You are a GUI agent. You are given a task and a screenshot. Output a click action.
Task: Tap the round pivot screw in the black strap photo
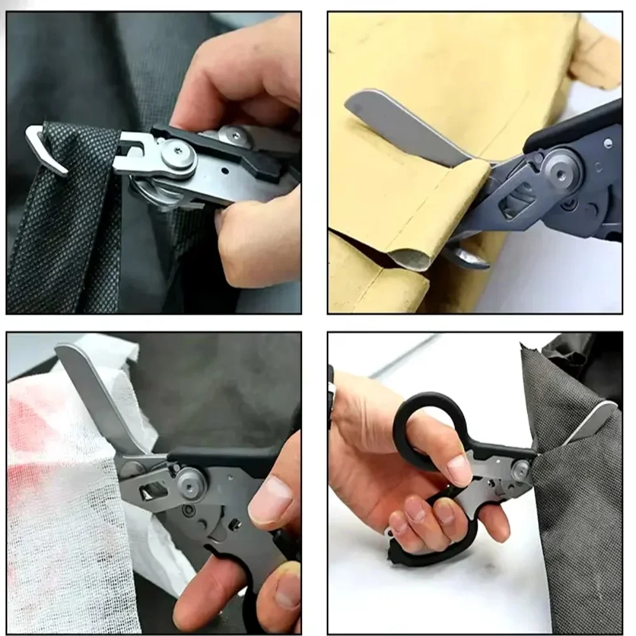tap(177, 155)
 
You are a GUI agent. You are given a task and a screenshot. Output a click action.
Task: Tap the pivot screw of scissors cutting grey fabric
tap(521, 470)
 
